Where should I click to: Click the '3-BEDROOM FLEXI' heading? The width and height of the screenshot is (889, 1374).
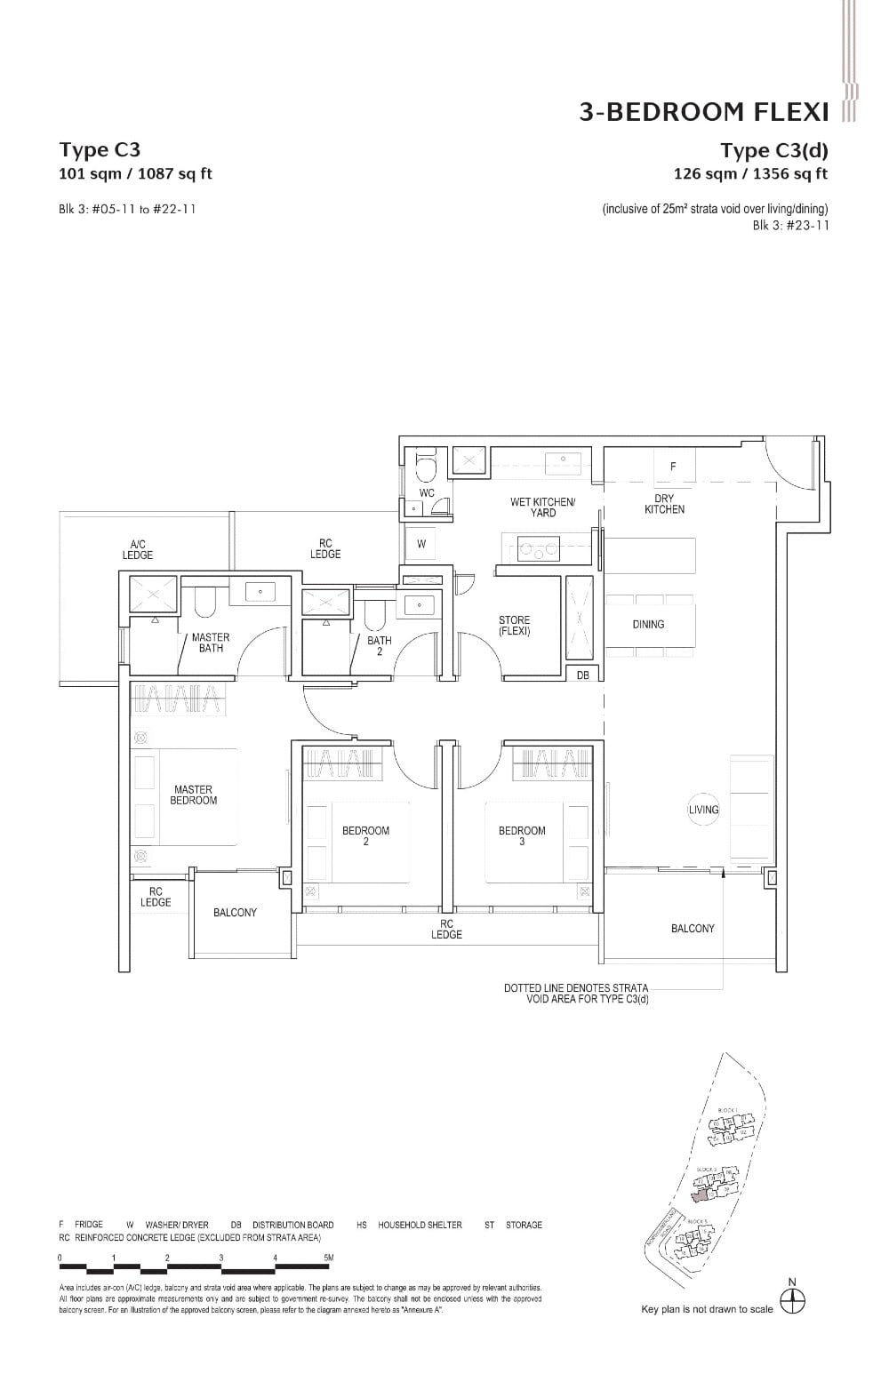tap(703, 112)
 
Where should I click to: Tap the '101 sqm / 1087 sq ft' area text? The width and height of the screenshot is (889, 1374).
tap(135, 174)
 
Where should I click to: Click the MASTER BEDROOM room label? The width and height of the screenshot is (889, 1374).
tap(193, 795)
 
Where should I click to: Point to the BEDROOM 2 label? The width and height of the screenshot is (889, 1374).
tap(365, 835)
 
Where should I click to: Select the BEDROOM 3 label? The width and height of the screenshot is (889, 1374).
tap(522, 835)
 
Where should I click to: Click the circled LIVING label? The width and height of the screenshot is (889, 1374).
tap(703, 810)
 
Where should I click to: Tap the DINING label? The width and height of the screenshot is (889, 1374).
tap(648, 625)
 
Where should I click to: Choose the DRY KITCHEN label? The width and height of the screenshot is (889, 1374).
tap(664, 504)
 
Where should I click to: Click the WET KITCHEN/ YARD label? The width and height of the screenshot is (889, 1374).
tap(542, 507)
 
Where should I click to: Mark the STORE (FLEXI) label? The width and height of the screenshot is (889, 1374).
tap(514, 626)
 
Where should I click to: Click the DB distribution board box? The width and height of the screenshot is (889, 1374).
tap(583, 676)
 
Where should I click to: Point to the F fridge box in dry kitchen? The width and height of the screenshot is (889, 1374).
tap(673, 466)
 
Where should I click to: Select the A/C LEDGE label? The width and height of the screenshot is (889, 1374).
tap(137, 550)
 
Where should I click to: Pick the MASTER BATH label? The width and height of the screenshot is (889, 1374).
tap(211, 643)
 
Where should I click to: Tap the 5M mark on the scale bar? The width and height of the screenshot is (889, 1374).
tap(328, 1258)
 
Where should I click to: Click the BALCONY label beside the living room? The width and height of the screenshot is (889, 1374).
tap(693, 929)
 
